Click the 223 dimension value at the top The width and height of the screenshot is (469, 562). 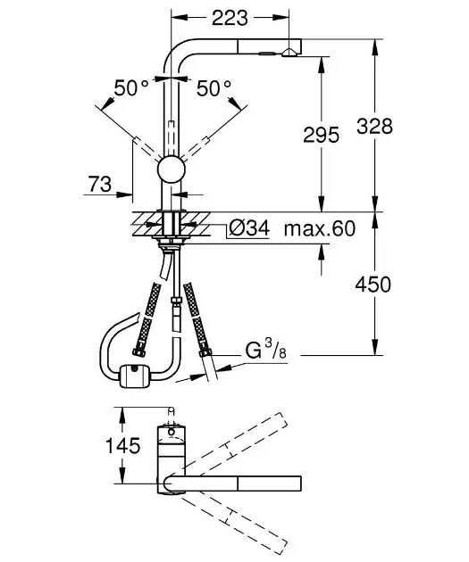(224, 16)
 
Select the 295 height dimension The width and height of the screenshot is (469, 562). (322, 135)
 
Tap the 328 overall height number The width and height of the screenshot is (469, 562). (374, 126)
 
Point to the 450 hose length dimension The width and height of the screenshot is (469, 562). (373, 285)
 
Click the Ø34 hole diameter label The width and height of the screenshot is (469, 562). (248, 229)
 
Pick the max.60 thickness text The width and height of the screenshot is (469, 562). (319, 229)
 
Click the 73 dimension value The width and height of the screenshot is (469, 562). (99, 185)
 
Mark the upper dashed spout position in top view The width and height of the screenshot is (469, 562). (237, 446)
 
